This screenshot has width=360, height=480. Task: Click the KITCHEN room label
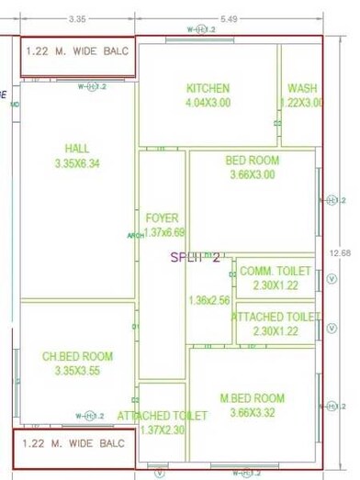208,88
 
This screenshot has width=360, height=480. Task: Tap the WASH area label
302,88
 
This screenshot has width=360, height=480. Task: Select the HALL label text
77,148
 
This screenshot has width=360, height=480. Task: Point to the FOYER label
163,218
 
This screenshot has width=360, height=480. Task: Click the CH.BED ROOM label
77,356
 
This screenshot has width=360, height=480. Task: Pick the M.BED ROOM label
252,398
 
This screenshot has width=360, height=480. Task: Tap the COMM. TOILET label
275,272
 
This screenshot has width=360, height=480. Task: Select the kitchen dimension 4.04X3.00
208,103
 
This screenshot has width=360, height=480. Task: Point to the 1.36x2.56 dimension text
208,300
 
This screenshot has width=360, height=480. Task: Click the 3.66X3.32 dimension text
252,413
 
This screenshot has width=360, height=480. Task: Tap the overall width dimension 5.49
229,18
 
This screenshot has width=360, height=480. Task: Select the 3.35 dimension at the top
77,18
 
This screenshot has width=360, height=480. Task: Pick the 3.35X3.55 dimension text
77,371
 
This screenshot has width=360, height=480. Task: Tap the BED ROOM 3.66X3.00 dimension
252,175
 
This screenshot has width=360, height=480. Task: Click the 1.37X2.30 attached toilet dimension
163,430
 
